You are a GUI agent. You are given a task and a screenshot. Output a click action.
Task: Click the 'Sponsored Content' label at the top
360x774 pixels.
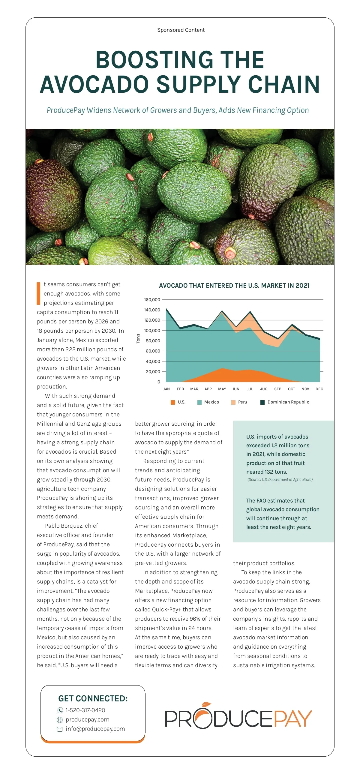click(181, 30)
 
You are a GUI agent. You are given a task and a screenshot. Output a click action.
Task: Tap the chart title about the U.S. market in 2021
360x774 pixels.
click(234, 286)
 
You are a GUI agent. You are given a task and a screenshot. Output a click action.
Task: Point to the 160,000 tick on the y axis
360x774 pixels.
click(152, 300)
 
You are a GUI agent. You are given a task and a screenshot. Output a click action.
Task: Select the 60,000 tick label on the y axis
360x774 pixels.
click(153, 351)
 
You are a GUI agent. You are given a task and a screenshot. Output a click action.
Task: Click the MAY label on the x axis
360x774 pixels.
click(222, 389)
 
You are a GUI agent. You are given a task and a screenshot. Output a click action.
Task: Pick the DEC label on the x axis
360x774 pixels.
click(319, 389)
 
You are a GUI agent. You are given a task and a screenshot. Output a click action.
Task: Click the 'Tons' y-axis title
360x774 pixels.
click(138, 338)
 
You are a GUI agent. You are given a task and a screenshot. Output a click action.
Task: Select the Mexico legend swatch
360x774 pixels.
click(199, 402)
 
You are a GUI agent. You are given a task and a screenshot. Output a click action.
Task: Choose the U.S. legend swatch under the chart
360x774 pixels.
click(173, 402)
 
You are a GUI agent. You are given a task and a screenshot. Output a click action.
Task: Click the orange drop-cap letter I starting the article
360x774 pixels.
click(38, 293)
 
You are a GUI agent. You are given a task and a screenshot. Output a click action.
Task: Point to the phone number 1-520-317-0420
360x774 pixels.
click(85, 710)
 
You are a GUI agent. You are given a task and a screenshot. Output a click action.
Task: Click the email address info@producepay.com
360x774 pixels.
click(95, 729)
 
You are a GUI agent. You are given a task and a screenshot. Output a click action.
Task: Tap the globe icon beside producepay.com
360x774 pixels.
click(60, 720)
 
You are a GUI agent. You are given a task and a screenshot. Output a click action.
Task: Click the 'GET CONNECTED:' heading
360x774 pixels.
click(93, 698)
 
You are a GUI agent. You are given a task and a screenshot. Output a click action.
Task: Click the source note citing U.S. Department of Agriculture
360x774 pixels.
click(280, 479)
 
